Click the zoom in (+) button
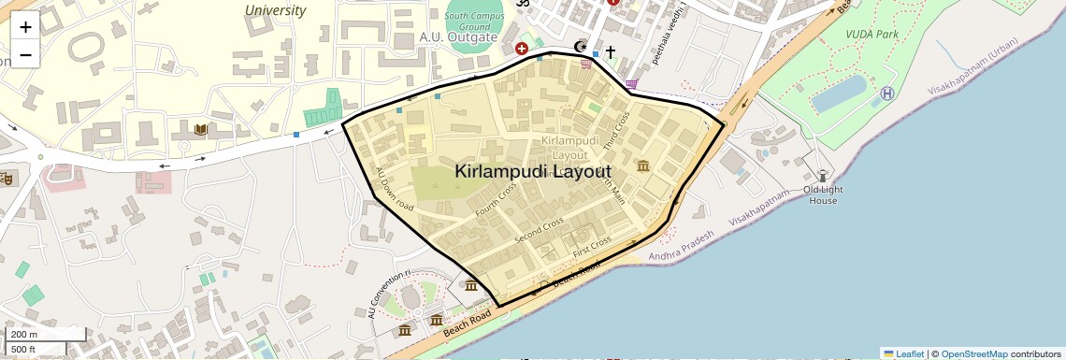(x=25, y=28)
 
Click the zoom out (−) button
(x=25, y=54)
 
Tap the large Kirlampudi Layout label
(x=533, y=172)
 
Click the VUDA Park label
(x=872, y=34)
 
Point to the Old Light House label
(x=823, y=194)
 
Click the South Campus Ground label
(x=474, y=22)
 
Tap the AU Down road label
(x=394, y=187)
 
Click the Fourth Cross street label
(x=496, y=200)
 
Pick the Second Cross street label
(x=540, y=230)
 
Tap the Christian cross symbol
(x=611, y=51)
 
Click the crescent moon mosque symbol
(x=581, y=46)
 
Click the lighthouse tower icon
(x=823, y=175)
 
